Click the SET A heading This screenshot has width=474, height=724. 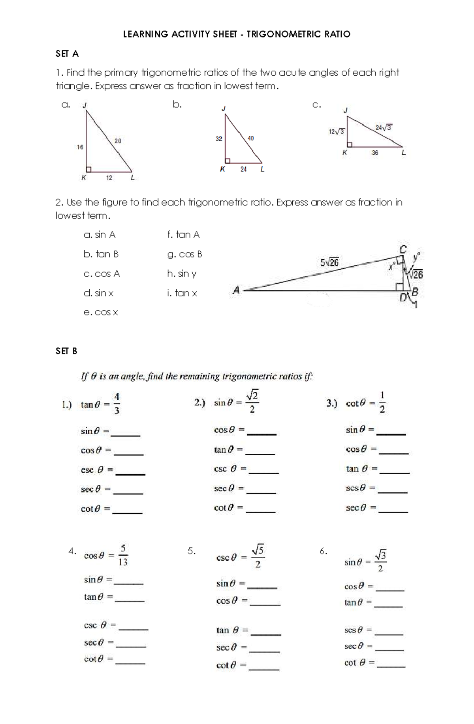point(67,54)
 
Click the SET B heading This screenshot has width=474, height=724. point(66,351)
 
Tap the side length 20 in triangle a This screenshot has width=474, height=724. point(118,141)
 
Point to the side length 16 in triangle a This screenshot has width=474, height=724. point(80,147)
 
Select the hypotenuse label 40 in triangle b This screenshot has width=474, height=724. point(250,138)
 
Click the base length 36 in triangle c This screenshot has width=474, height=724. point(375,153)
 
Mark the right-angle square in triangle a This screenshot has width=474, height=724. point(89,169)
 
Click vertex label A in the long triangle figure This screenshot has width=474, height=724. point(236,291)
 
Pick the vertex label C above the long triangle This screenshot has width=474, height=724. point(403,249)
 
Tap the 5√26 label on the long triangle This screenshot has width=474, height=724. point(329,262)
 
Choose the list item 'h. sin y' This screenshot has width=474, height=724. point(182,273)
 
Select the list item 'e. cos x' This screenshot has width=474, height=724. point(101,312)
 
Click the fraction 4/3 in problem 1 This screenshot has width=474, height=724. point(117,403)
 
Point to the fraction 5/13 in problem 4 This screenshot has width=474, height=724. point(123,555)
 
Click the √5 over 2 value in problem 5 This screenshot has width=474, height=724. point(258,556)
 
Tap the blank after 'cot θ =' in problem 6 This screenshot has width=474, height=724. point(391,666)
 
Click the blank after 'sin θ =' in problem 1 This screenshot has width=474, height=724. point(126,435)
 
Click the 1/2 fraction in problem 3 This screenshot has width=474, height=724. point(382,402)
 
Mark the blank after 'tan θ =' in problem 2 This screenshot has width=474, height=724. point(260,453)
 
